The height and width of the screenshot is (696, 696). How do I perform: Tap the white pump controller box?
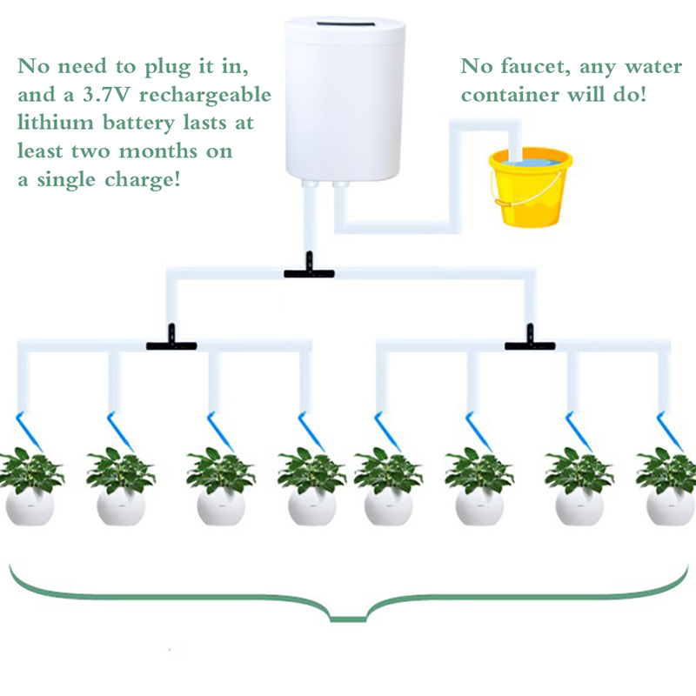pyautogui.click(x=344, y=96)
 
